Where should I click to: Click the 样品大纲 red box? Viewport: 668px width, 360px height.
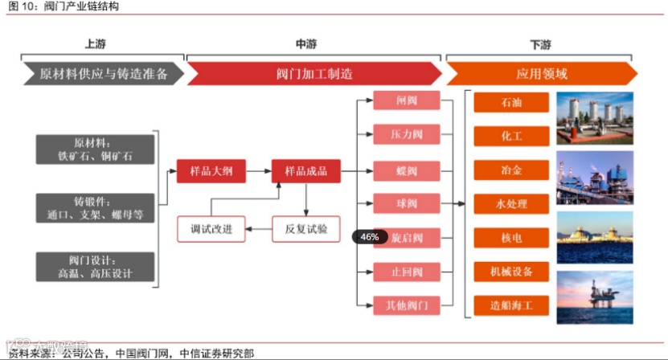(x=211, y=170)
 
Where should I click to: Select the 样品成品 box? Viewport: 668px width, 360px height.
(x=305, y=170)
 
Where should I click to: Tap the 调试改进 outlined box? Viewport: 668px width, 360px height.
(x=211, y=229)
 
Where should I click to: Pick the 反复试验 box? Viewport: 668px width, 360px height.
(x=305, y=229)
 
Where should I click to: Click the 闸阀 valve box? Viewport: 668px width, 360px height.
(x=406, y=100)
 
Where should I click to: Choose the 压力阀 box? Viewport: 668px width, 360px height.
(x=406, y=134)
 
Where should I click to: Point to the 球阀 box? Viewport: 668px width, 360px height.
(x=406, y=203)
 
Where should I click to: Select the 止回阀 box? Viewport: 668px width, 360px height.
(x=406, y=272)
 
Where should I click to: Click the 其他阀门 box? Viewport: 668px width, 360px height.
(x=406, y=305)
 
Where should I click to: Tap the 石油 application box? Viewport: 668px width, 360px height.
(x=511, y=103)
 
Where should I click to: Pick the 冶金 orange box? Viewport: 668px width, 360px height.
(x=511, y=170)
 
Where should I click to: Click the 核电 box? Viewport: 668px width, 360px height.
(x=511, y=238)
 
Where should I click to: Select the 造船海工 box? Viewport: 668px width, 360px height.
(x=511, y=305)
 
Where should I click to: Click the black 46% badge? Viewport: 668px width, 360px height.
(x=370, y=237)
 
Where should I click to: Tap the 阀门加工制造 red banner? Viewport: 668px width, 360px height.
(x=314, y=74)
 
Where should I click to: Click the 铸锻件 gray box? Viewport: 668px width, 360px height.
(x=95, y=207)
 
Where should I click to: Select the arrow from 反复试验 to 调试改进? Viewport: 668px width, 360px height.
(x=258, y=230)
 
